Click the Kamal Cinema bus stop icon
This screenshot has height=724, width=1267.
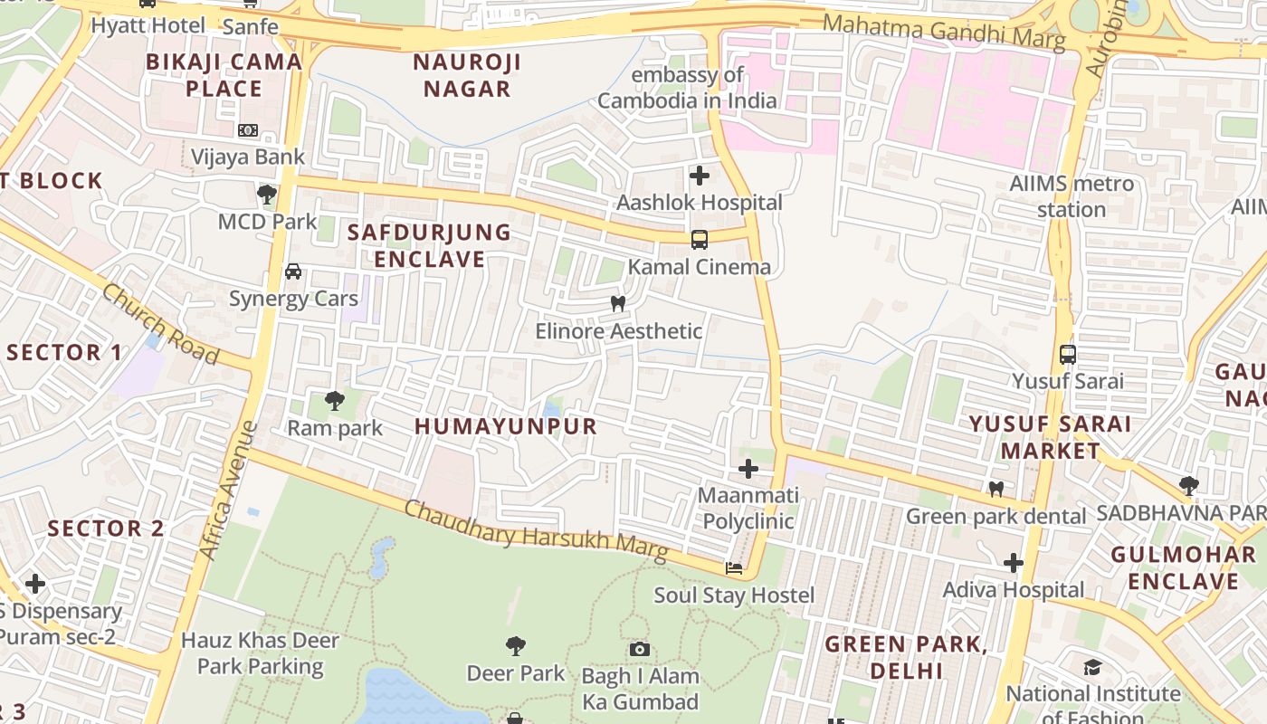tap(699, 240)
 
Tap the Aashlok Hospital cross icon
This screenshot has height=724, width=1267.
tap(699, 176)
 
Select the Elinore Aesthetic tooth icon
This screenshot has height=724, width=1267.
tap(618, 304)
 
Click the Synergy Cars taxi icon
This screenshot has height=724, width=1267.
tap(293, 271)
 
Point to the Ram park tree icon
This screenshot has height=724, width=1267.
tap(334, 400)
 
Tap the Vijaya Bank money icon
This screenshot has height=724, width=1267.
tap(248, 130)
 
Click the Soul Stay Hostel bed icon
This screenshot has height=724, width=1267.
tap(734, 568)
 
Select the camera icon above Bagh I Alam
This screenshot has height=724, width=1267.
tap(640, 649)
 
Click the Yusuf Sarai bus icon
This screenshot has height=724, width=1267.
tap(1068, 354)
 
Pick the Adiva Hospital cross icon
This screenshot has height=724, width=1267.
tap(1013, 563)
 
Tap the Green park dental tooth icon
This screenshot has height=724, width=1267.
tap(995, 489)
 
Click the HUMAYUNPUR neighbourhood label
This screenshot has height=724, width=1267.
tap(506, 426)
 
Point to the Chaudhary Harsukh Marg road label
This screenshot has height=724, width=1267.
tap(536, 530)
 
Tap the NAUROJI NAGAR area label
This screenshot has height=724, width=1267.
tap(467, 75)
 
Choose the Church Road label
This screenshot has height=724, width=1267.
tap(160, 323)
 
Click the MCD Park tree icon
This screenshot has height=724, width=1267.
tap(267, 194)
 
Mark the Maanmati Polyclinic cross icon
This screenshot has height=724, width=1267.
tap(748, 469)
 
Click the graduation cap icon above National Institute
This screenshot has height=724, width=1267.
tap(1092, 668)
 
